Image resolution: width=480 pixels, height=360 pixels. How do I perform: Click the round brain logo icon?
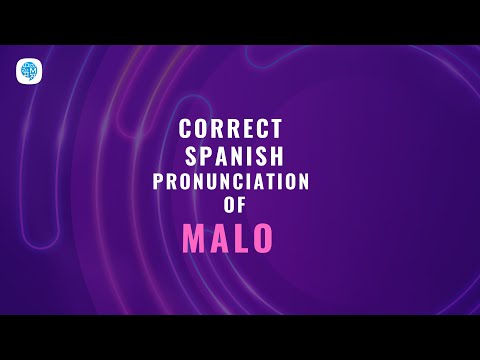(x=28, y=72)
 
